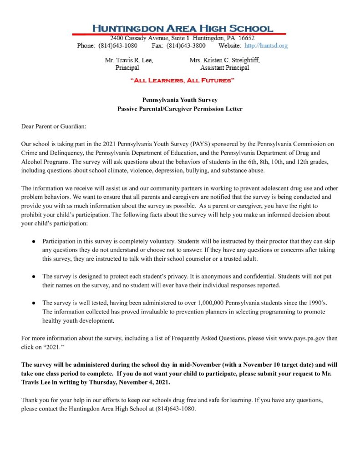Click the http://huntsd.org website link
point(266,46)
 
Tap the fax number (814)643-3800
point(186,46)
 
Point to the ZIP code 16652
point(246,38)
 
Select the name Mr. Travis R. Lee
point(129,60)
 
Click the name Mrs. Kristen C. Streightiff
point(225,60)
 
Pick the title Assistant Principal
point(225,68)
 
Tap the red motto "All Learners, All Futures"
point(182,81)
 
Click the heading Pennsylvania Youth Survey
point(180,100)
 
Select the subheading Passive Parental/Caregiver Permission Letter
point(180,109)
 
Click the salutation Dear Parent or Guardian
point(54,126)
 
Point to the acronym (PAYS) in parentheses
point(195,143)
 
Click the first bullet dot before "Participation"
point(34,241)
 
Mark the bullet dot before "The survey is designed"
point(34,276)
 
